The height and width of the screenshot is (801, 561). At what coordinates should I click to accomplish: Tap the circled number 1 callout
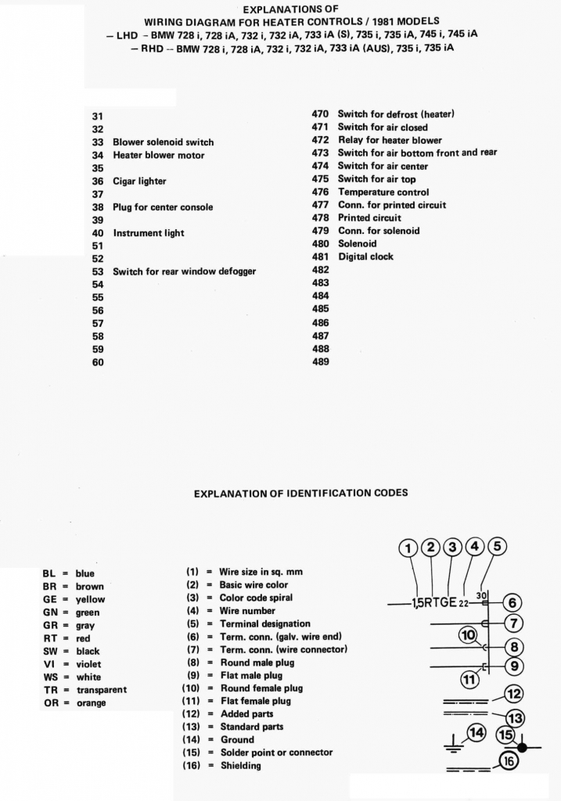pyautogui.click(x=408, y=548)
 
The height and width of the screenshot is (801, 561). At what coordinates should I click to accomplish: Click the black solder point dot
pyautogui.click(x=522, y=748)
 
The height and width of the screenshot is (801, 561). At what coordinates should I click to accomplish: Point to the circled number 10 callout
pyautogui.click(x=468, y=635)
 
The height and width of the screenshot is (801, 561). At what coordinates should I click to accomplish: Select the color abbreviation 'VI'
pyautogui.click(x=49, y=663)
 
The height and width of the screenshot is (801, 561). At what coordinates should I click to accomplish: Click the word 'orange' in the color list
pyautogui.click(x=91, y=702)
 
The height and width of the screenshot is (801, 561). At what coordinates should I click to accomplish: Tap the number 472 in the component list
pyautogui.click(x=320, y=140)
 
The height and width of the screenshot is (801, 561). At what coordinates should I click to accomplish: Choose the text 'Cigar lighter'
pyautogui.click(x=139, y=181)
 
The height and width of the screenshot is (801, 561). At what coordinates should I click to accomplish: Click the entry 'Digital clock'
pyautogui.click(x=365, y=257)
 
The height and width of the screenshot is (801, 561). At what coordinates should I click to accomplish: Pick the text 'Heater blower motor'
pyautogui.click(x=159, y=156)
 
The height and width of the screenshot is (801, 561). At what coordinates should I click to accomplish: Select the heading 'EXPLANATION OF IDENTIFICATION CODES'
pyautogui.click(x=300, y=494)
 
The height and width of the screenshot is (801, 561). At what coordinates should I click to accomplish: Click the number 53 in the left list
pyautogui.click(x=98, y=272)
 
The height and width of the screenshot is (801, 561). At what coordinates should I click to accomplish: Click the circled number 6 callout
pyautogui.click(x=512, y=603)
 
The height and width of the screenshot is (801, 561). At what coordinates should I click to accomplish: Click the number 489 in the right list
pyautogui.click(x=320, y=362)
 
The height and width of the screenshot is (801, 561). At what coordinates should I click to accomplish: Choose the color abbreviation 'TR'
pyautogui.click(x=49, y=689)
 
